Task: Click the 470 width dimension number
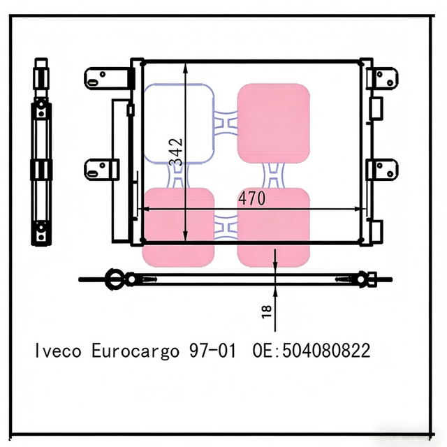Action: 251,198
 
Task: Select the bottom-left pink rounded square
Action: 178,227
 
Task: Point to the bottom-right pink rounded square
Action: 273,227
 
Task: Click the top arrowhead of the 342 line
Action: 185,68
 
